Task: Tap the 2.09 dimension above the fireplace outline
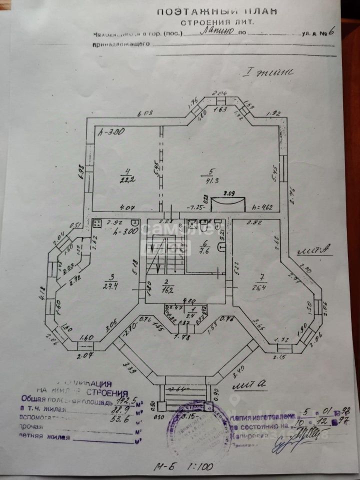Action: point(229,191)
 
